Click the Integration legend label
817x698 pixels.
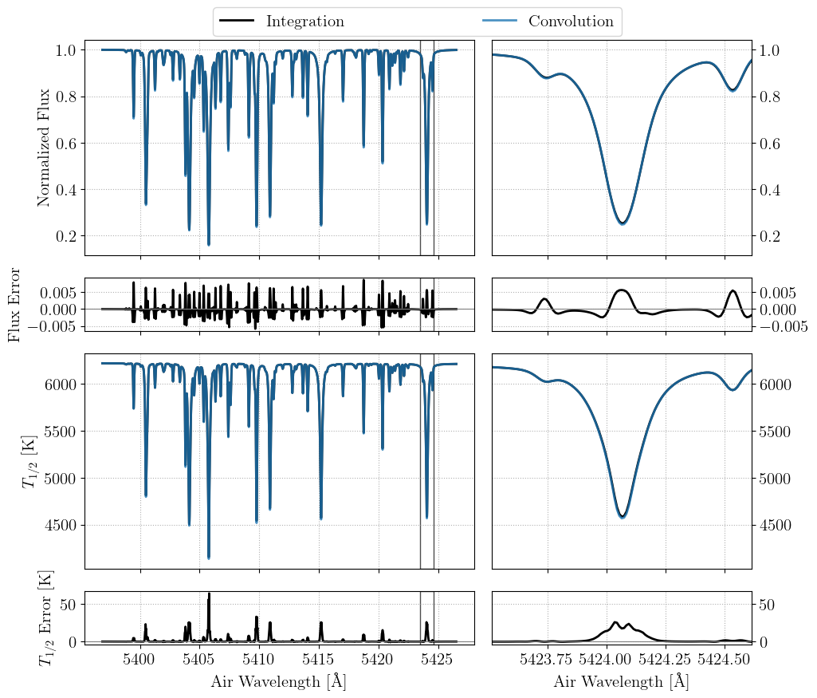pos(304,22)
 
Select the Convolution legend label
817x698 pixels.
pos(571,22)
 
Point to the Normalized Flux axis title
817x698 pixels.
pos(44,148)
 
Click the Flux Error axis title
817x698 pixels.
pos(15,305)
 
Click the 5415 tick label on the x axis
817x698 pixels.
pos(319,660)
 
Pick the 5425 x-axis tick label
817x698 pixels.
pos(438,660)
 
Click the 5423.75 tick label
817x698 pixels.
pos(547,660)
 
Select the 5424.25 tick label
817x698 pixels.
pos(665,660)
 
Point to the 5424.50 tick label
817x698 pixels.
pos(724,660)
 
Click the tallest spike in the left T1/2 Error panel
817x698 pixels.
pos(209,594)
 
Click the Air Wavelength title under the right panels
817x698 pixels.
pos(621,681)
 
